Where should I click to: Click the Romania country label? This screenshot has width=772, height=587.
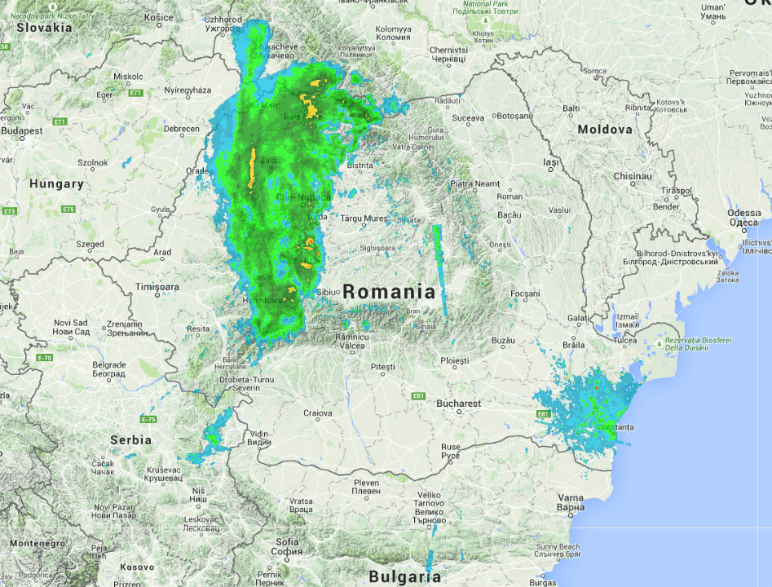[389, 292]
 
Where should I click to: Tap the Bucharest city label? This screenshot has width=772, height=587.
[458, 404]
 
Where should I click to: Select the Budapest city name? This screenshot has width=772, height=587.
[21, 130]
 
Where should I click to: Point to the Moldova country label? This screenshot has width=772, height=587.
[605, 130]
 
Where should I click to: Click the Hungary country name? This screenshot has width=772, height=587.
[56, 184]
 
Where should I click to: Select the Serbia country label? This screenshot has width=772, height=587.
[130, 439]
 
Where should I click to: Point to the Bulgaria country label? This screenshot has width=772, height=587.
[404, 577]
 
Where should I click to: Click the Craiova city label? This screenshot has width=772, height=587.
[318, 413]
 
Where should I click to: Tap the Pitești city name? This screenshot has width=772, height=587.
[382, 368]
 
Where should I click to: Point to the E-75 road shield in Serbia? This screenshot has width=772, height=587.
[148, 419]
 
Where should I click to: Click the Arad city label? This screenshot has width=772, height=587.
[162, 253]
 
